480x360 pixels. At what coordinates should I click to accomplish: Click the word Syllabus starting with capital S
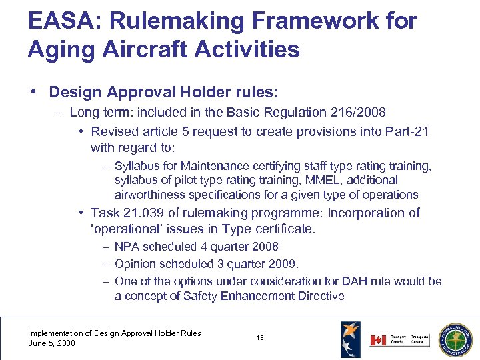(139, 165)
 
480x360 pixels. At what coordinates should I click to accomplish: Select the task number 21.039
(142, 213)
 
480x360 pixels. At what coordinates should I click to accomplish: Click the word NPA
(127, 247)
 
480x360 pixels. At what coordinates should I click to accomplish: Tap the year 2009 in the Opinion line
(284, 263)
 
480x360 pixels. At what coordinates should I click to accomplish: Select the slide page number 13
(260, 338)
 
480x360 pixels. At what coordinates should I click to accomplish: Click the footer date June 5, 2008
(51, 343)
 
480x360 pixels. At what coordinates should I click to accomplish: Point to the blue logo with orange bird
(351, 338)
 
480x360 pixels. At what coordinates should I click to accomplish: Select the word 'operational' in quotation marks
(126, 229)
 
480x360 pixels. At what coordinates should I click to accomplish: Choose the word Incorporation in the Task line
(367, 213)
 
